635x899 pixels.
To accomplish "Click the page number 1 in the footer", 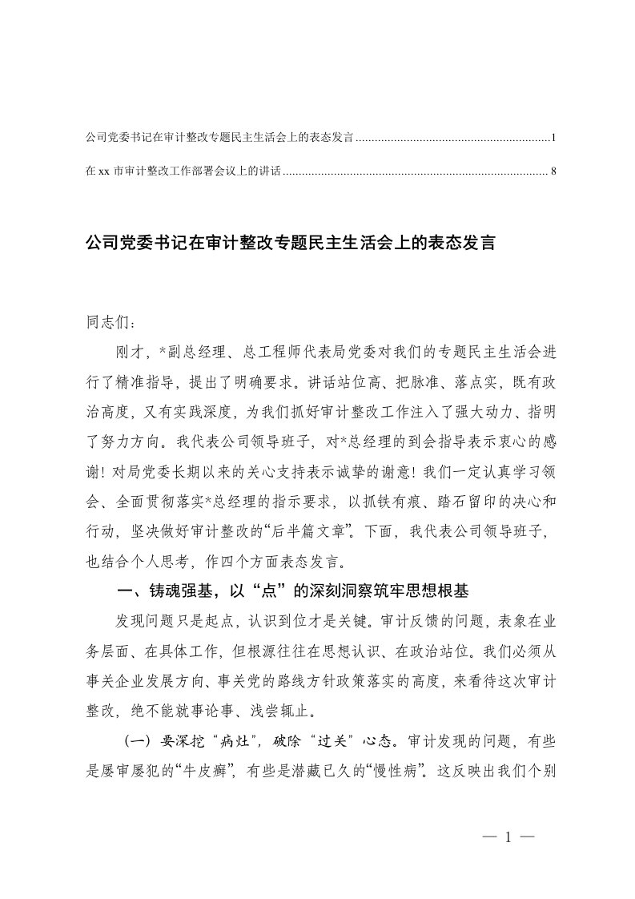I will (508, 837).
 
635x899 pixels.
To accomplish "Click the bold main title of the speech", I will (291, 243).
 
